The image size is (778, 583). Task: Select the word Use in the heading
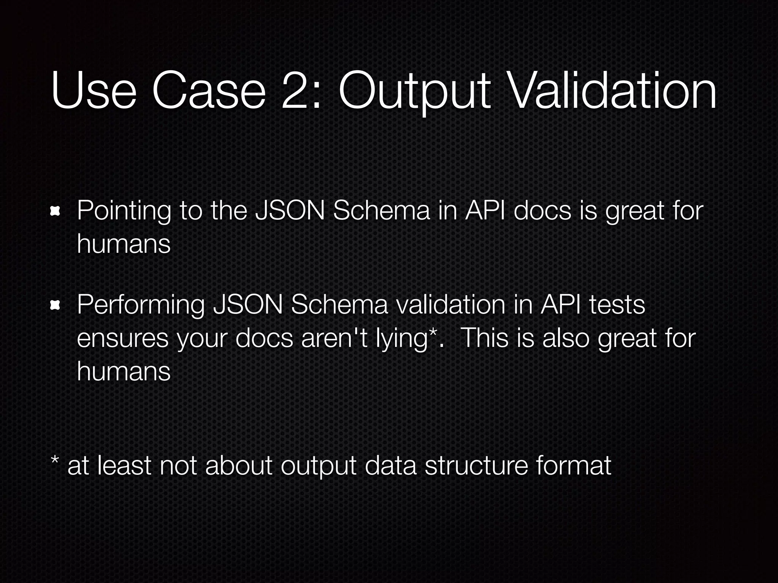(x=93, y=91)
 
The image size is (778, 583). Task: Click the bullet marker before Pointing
(x=55, y=211)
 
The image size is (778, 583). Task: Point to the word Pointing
(x=124, y=211)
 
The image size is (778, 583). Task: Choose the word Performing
(x=141, y=305)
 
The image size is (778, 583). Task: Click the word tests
(x=617, y=305)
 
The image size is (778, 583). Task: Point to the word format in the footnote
(x=574, y=465)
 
